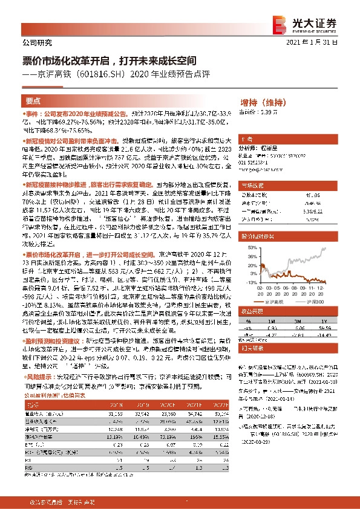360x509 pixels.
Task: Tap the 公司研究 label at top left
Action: coord(37,43)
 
